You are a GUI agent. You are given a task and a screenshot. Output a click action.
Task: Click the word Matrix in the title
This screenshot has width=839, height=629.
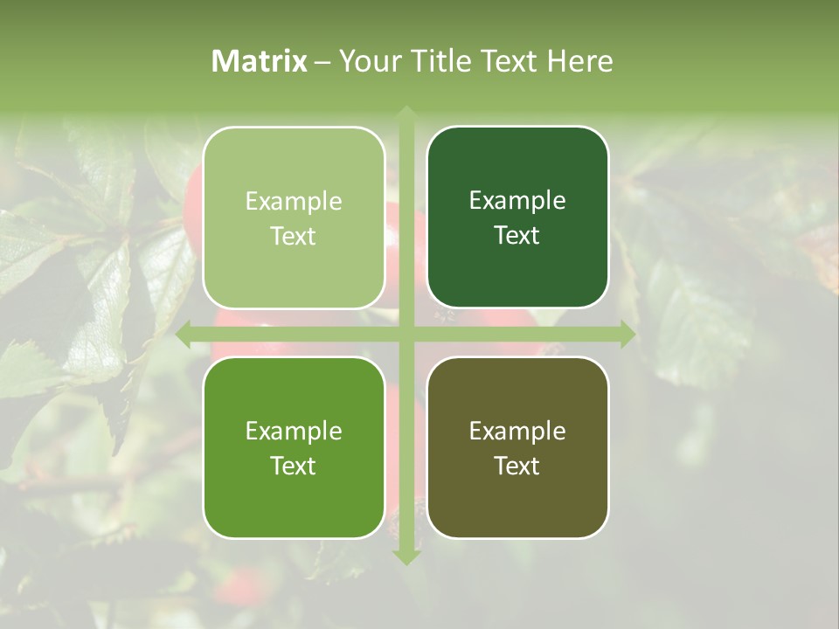coord(260,61)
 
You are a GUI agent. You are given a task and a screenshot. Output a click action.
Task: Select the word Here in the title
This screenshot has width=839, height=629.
coord(579,61)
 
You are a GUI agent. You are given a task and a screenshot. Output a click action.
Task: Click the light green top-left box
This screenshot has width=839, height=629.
coord(294,218)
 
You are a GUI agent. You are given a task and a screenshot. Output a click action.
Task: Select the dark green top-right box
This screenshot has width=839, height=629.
coord(517,218)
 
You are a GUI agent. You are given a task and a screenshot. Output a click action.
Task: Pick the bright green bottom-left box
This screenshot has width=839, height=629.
coord(294,447)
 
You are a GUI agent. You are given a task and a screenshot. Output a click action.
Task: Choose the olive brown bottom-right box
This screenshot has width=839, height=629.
coord(517,447)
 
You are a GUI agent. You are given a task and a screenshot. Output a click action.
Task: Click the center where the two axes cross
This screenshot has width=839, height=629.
coord(406,334)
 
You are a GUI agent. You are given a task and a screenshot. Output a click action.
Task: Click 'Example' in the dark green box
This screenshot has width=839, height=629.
coord(517,201)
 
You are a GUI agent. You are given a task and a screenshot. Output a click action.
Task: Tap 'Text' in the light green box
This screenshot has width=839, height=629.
coord(294,236)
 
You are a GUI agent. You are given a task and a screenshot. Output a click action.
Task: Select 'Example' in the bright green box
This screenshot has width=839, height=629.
coord(294,431)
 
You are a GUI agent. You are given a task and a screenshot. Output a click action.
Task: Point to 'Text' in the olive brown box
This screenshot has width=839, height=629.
coord(517,466)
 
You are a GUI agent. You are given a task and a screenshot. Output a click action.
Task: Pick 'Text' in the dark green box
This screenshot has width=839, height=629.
coord(517,235)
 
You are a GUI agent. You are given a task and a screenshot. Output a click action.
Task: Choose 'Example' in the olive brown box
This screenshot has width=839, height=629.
coord(517,431)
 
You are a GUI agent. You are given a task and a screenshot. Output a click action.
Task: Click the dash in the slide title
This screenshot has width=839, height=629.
coord(322,62)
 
